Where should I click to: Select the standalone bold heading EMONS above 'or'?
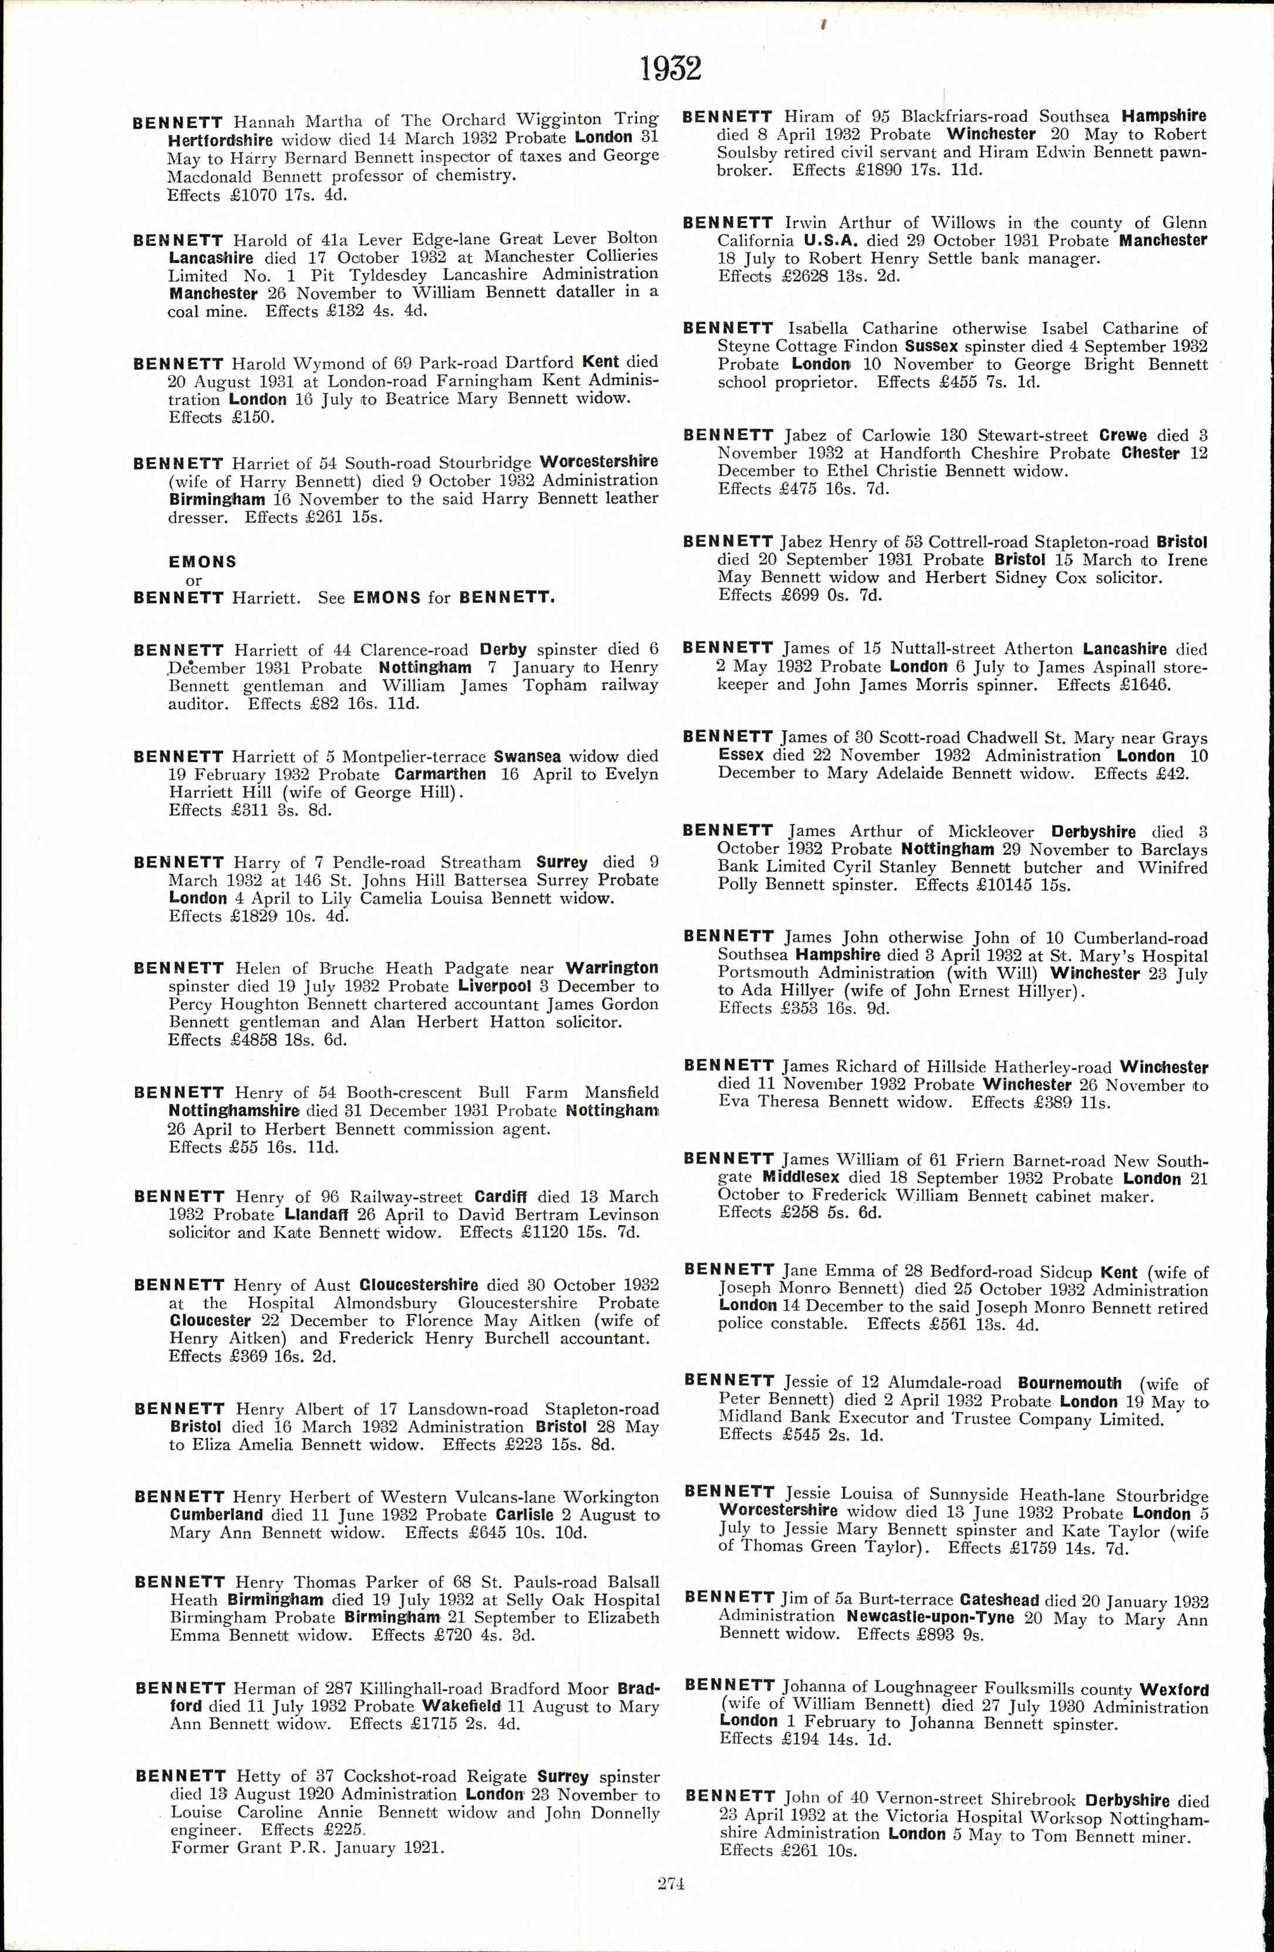pos(202,562)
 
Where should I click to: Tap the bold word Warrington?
pos(611,968)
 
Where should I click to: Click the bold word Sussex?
pos(931,346)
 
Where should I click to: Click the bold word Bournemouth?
pos(1069,1384)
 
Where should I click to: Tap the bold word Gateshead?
pos(999,1600)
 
